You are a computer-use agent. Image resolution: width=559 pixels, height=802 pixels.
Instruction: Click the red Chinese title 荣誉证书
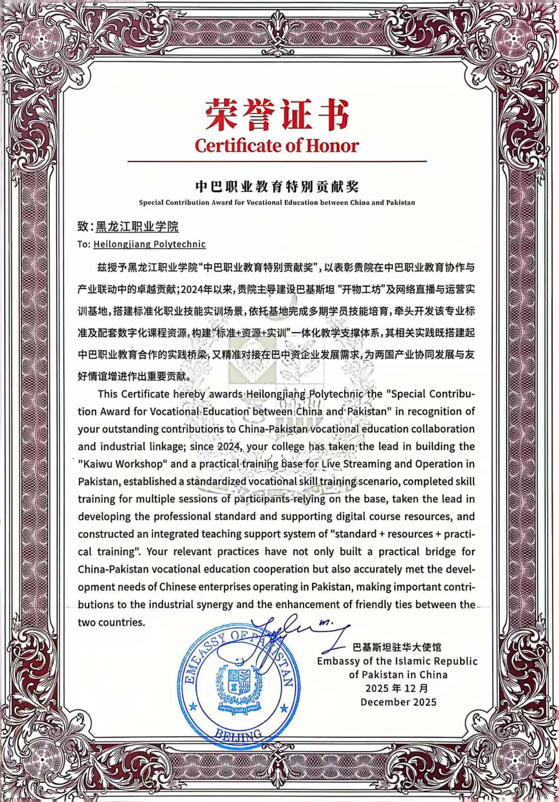pos(277,114)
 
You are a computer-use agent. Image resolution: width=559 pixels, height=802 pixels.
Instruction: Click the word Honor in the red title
pos(332,146)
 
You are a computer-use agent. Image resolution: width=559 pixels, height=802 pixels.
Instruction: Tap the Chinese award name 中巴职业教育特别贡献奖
pos(277,187)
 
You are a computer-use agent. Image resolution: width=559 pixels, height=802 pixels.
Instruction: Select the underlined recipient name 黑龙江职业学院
pos(137,226)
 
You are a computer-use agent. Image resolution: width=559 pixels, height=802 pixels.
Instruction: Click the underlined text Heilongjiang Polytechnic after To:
pos(149,244)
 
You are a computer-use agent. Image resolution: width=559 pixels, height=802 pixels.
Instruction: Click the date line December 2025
pos(398,702)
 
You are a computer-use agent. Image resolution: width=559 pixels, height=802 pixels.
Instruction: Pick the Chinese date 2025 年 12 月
pos(397,688)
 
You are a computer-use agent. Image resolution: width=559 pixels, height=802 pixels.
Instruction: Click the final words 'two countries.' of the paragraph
pos(111,622)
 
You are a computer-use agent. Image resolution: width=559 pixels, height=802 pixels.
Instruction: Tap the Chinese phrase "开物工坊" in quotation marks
pos(362,289)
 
